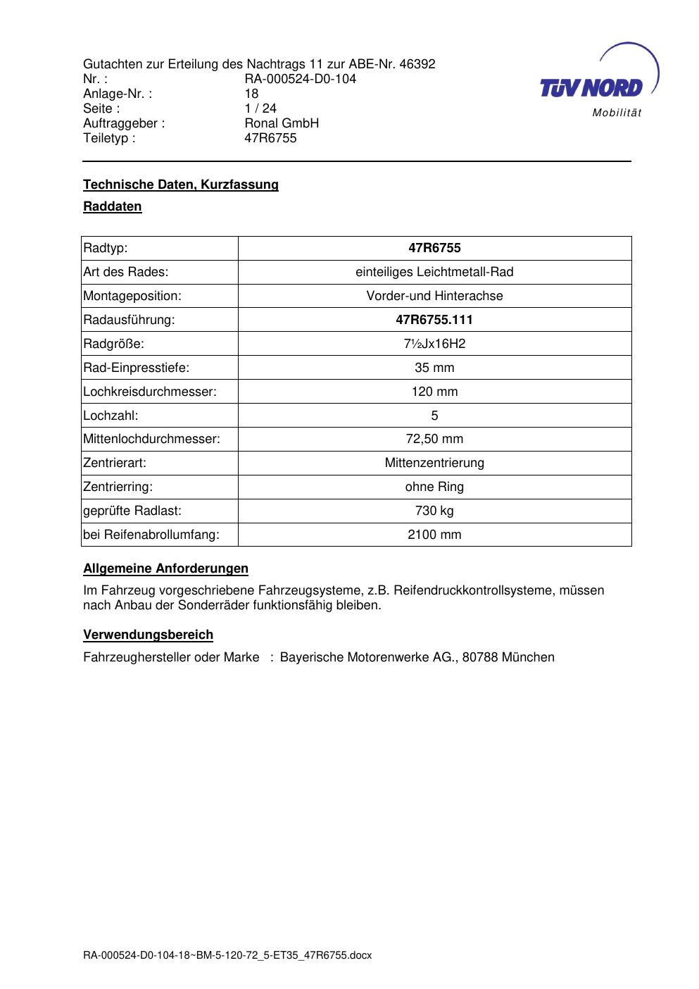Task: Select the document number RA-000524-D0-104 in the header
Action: click(300, 79)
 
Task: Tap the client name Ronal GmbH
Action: click(282, 123)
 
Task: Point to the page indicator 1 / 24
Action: click(260, 108)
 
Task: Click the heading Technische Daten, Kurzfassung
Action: click(181, 185)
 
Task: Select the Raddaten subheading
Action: click(113, 207)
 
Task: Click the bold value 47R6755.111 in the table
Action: click(434, 320)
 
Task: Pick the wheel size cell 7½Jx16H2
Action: click(434, 344)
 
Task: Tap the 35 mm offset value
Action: click(434, 368)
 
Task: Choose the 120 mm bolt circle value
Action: click(434, 392)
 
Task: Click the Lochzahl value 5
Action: click(434, 416)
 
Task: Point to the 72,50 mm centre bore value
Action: click(434, 440)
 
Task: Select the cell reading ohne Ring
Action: click(434, 487)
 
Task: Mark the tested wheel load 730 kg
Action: click(434, 511)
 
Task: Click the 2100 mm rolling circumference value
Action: click(434, 535)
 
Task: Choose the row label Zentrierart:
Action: click(115, 464)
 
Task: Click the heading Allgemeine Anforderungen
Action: click(166, 568)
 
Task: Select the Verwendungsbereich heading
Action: click(149, 635)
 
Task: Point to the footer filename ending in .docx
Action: click(227, 956)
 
